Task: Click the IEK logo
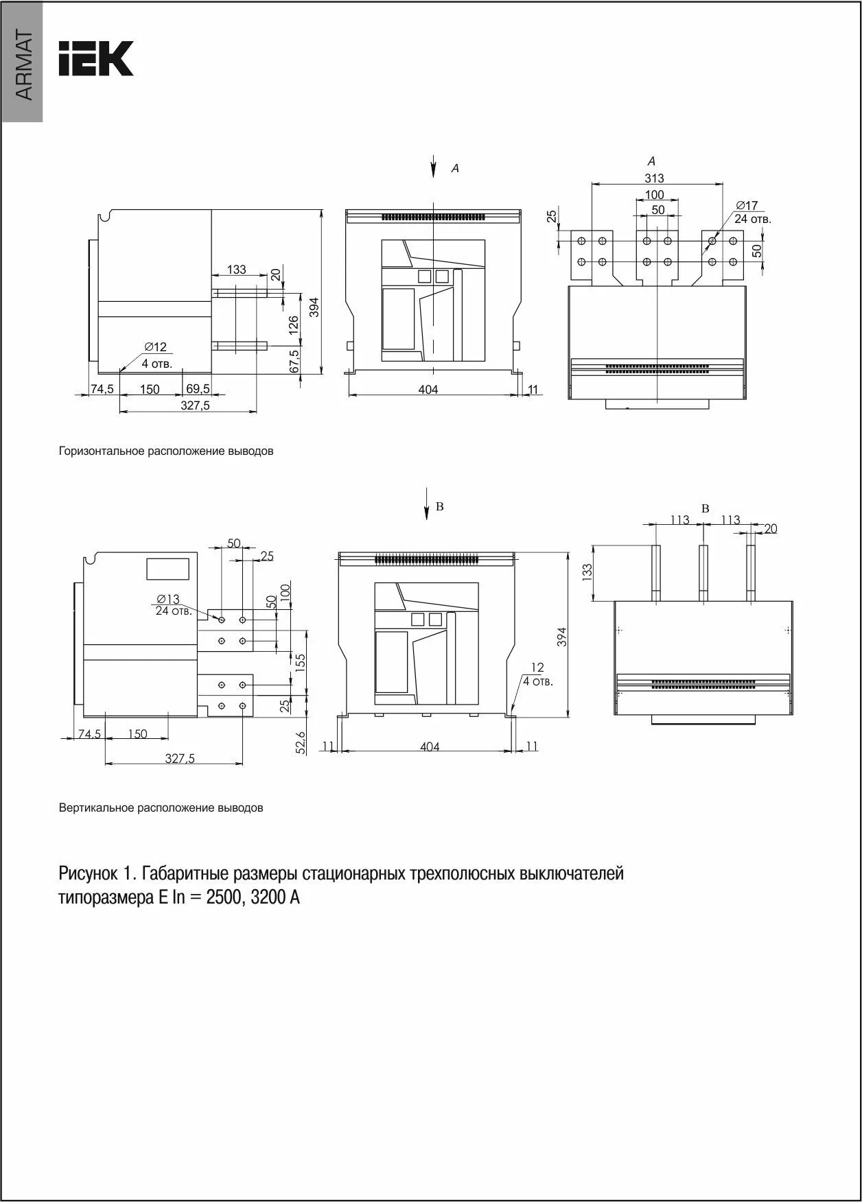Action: click(96, 59)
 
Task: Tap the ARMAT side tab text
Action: click(23, 66)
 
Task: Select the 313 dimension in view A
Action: click(654, 178)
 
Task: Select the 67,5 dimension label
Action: click(294, 362)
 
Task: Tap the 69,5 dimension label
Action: click(198, 388)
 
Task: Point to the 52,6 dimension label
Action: click(300, 742)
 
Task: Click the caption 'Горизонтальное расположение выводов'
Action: click(166, 451)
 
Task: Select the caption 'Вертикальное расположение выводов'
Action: click(161, 808)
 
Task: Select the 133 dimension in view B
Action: click(587, 571)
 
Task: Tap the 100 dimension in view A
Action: click(654, 195)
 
